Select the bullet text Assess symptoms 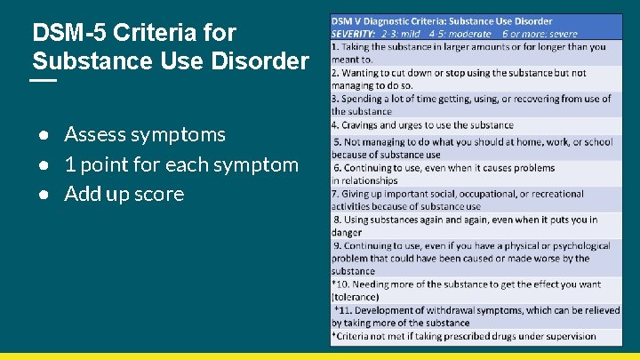[145, 135]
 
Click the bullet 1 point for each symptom [181, 164]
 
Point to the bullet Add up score [124, 194]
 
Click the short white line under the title [44, 81]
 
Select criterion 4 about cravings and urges [423, 125]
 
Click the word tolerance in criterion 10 [356, 297]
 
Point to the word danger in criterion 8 [347, 232]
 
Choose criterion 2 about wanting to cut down [459, 73]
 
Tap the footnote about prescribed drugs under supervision [463, 336]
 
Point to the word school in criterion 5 [595, 141]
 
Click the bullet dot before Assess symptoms [42, 135]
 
